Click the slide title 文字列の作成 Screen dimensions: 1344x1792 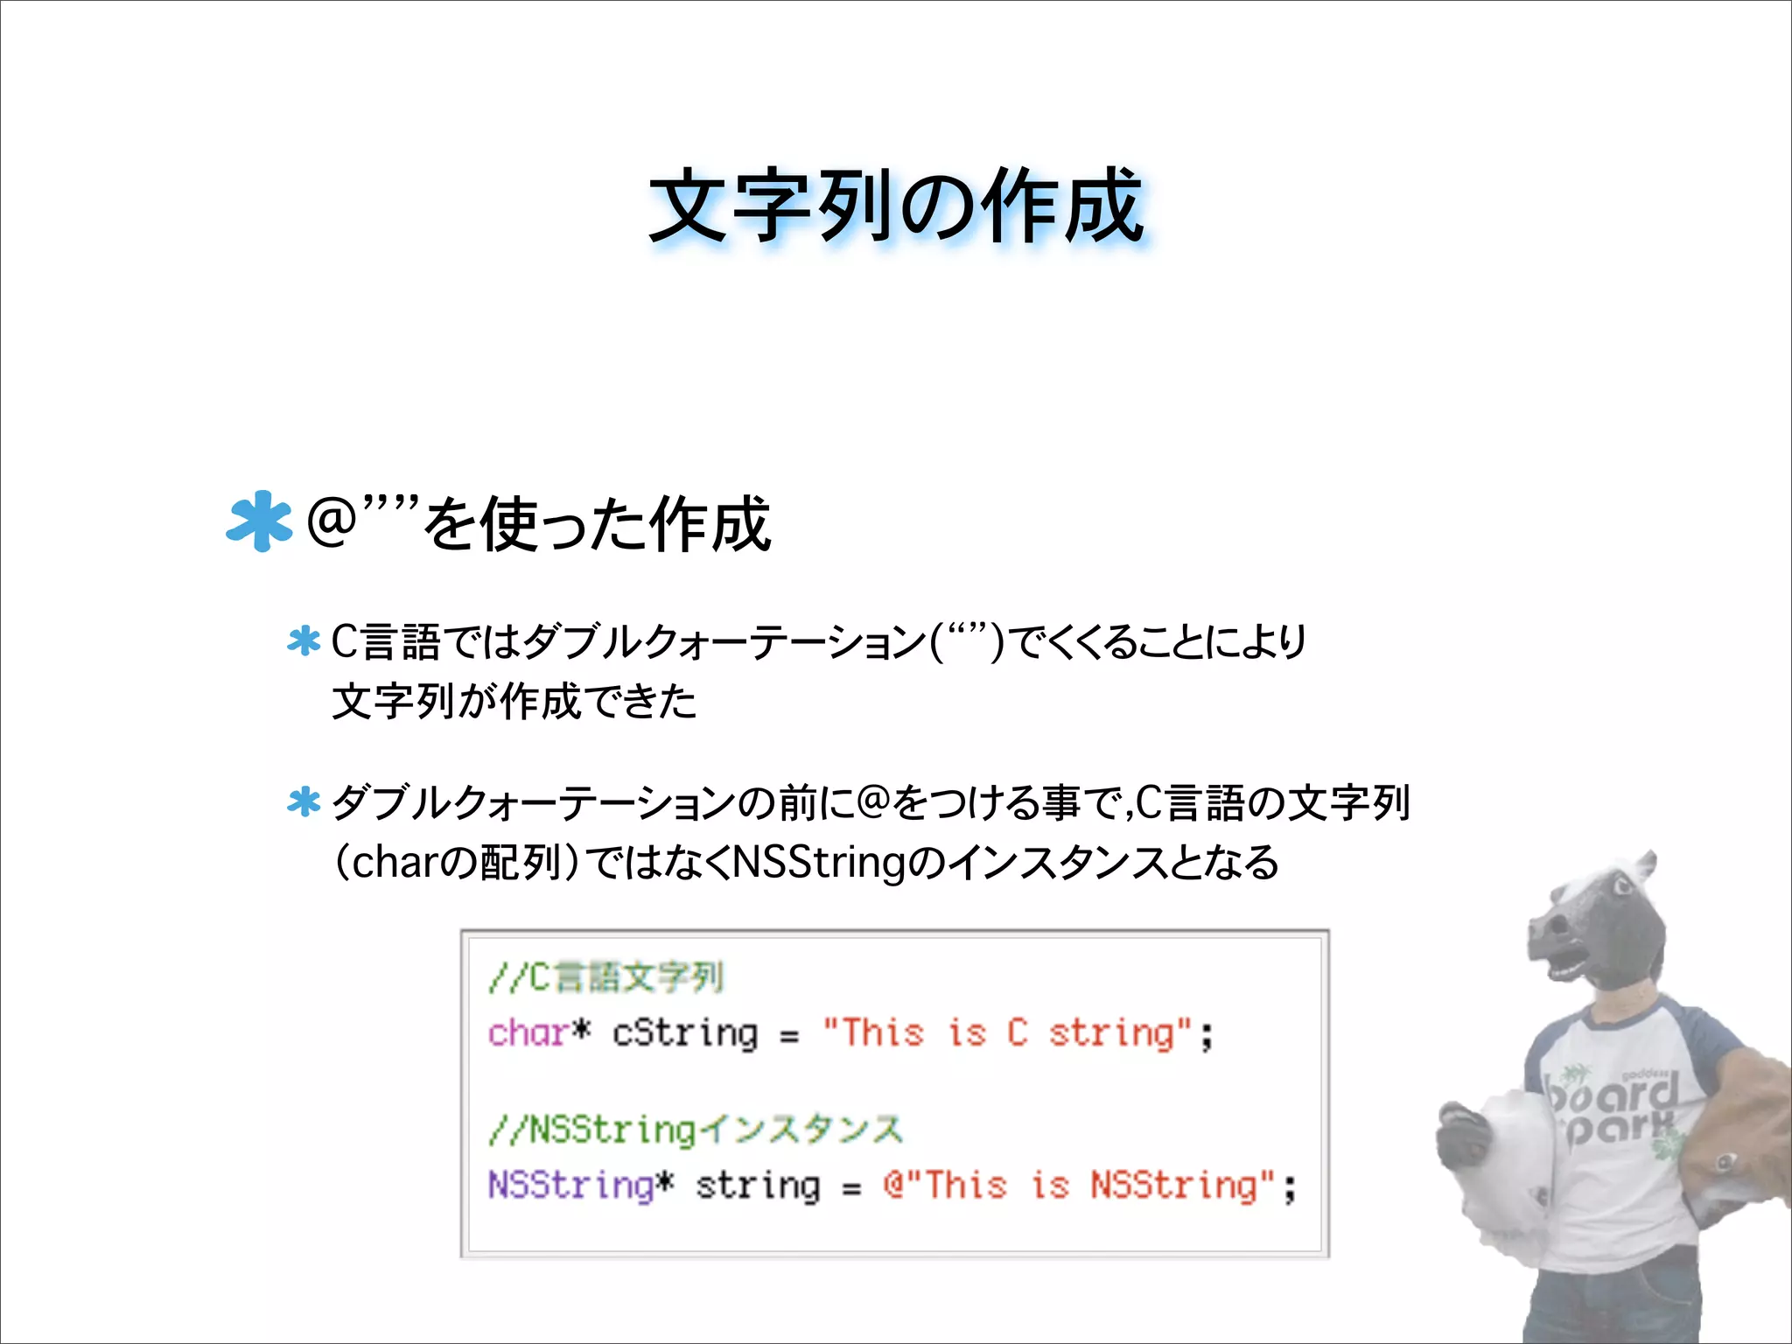[896, 206]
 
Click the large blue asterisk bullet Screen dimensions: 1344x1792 [259, 521]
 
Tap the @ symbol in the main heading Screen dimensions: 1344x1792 [332, 522]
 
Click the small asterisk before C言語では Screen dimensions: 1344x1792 [304, 641]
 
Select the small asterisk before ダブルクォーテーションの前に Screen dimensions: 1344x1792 [304, 801]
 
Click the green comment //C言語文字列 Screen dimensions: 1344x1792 [606, 977]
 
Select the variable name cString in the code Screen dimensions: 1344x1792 [684, 1033]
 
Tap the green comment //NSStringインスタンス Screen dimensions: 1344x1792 [696, 1130]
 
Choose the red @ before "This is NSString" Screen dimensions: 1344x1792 [893, 1185]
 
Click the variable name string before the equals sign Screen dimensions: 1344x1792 [758, 1186]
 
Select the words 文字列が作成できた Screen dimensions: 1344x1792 [514, 702]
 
